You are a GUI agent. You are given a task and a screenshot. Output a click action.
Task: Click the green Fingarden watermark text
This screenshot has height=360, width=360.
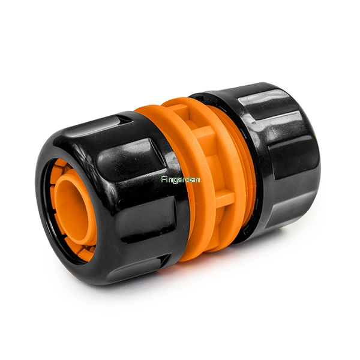click(181, 180)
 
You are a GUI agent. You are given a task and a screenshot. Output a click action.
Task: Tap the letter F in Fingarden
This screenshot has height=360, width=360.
click(163, 179)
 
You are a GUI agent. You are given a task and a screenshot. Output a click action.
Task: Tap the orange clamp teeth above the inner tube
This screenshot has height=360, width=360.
click(61, 167)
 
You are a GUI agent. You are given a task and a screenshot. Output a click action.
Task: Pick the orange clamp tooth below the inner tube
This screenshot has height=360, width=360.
click(85, 252)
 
